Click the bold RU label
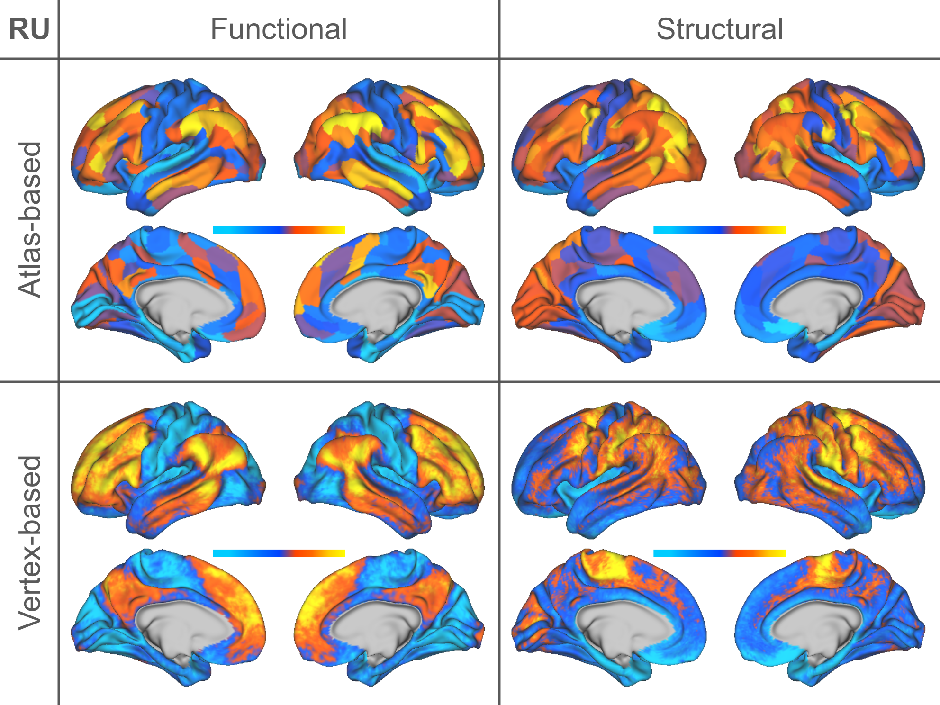coord(29,29)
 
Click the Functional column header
coord(279,29)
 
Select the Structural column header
coord(719,29)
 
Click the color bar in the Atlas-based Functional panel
coord(279,230)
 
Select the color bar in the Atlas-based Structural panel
coord(719,230)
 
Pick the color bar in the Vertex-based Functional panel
coord(279,553)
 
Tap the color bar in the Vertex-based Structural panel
coord(719,553)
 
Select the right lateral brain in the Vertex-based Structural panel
coord(829,469)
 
